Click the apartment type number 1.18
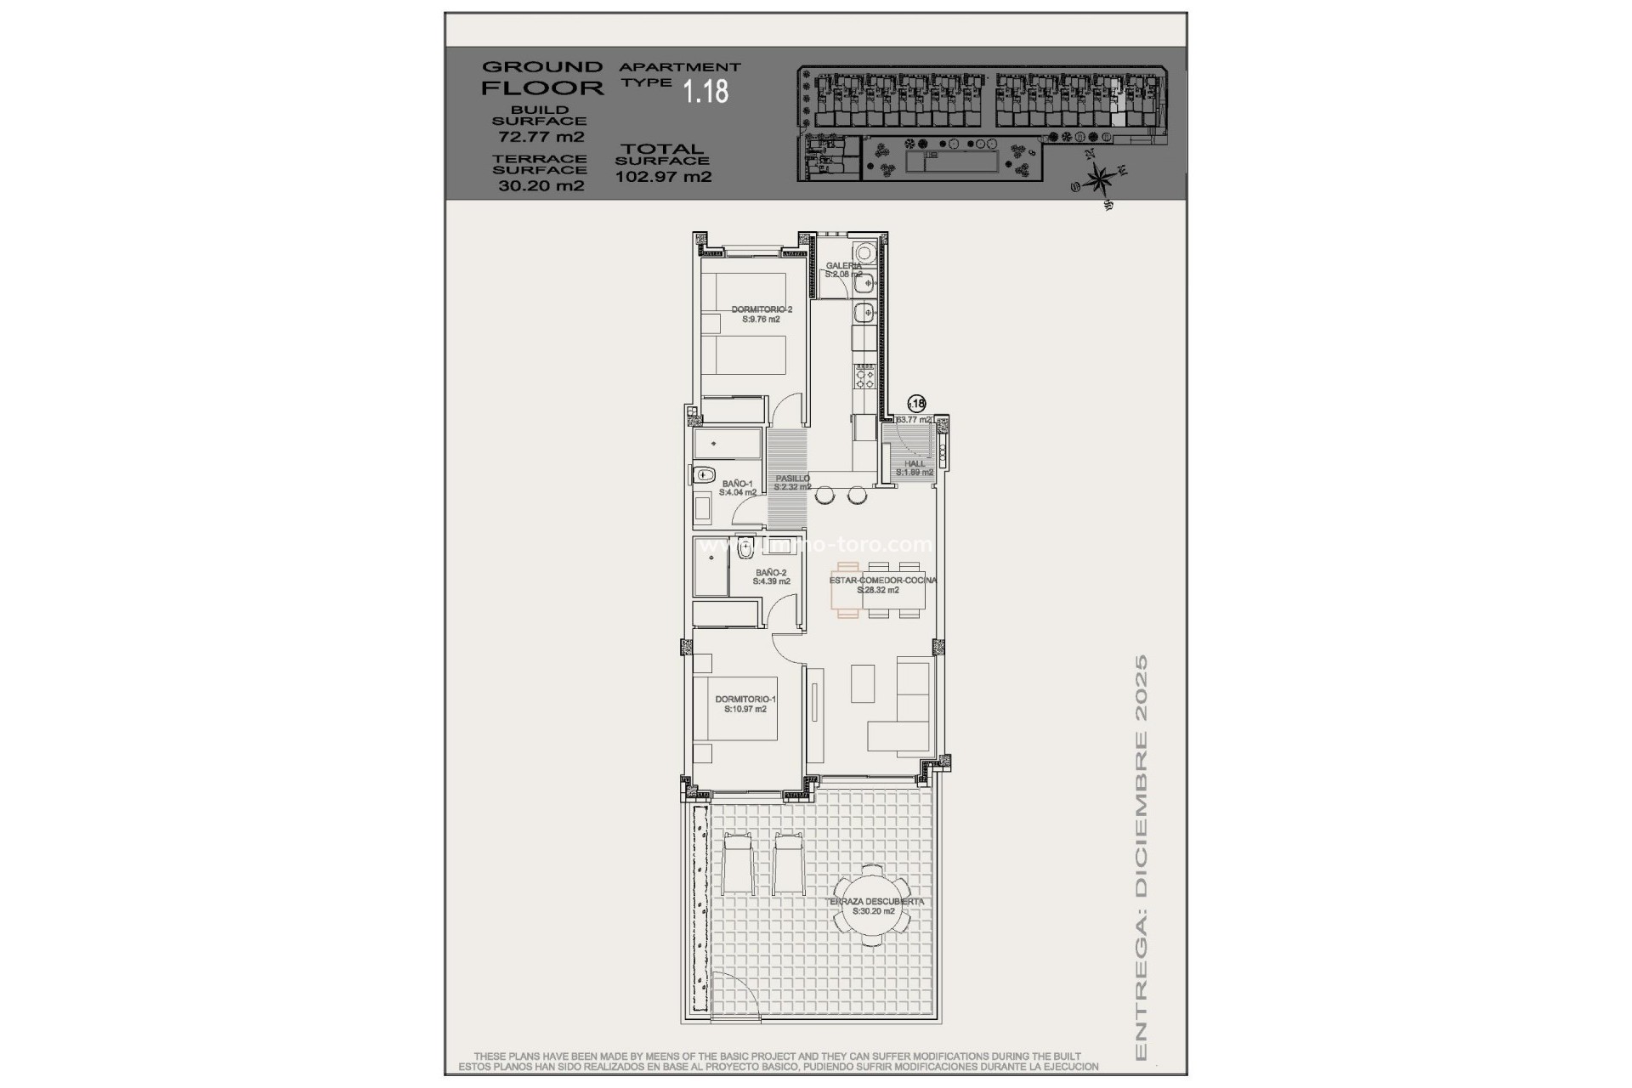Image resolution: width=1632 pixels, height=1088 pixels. [706, 92]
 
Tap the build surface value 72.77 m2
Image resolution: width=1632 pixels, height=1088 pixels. [541, 137]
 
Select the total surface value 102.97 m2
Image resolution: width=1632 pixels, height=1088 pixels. [663, 178]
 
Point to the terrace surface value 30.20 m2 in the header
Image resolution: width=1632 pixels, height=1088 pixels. [541, 186]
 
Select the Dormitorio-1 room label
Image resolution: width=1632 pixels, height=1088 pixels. [745, 704]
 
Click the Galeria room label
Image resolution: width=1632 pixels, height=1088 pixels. [843, 270]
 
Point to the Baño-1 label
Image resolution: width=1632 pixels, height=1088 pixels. [737, 488]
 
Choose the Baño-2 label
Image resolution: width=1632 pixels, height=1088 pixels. [771, 577]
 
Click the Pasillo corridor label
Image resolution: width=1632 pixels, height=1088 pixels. [792, 483]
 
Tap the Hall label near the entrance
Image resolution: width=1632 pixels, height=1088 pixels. [915, 467]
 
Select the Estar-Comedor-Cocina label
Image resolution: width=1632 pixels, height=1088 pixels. [882, 585]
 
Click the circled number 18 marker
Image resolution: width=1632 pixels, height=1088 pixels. [917, 404]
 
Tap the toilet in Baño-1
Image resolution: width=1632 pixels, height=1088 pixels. [703, 475]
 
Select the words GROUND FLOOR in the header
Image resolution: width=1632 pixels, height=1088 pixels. [542, 76]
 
